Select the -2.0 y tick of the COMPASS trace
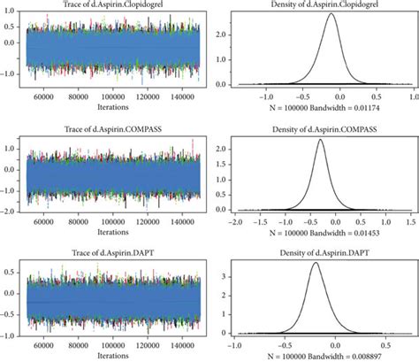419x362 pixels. [x=13, y=212]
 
